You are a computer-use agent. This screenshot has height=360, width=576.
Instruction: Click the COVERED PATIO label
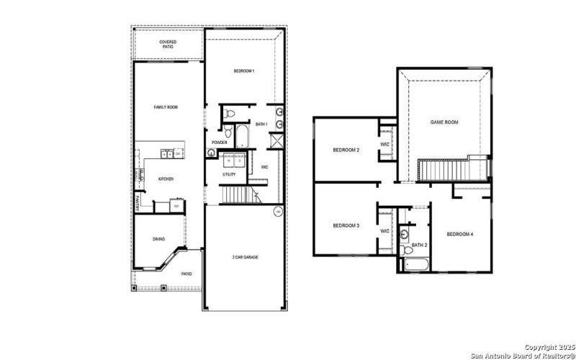pos(168,44)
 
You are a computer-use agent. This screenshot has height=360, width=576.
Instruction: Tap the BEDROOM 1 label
pos(243,71)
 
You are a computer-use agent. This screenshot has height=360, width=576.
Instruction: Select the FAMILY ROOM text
pos(166,107)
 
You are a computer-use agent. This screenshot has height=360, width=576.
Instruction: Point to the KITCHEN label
pos(166,179)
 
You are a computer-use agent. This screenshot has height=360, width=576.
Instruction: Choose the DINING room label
pos(159,240)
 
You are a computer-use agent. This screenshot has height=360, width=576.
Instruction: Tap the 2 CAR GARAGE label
pos(246,257)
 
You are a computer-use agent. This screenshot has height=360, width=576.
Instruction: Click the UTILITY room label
pos(229,174)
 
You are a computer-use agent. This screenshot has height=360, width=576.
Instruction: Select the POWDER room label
pos(220,143)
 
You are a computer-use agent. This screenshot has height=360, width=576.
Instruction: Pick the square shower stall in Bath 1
pos(276,141)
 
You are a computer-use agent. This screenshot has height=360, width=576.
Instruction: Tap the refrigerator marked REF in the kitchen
pos(176,207)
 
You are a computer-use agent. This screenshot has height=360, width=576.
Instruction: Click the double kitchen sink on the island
pos(167,153)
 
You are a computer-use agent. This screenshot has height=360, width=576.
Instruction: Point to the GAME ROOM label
pos(444,122)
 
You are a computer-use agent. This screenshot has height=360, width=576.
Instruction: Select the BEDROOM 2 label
pos(346,150)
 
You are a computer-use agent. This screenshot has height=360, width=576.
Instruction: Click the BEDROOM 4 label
pos(460,234)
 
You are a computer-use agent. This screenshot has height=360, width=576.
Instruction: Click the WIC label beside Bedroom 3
pos(384,231)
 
